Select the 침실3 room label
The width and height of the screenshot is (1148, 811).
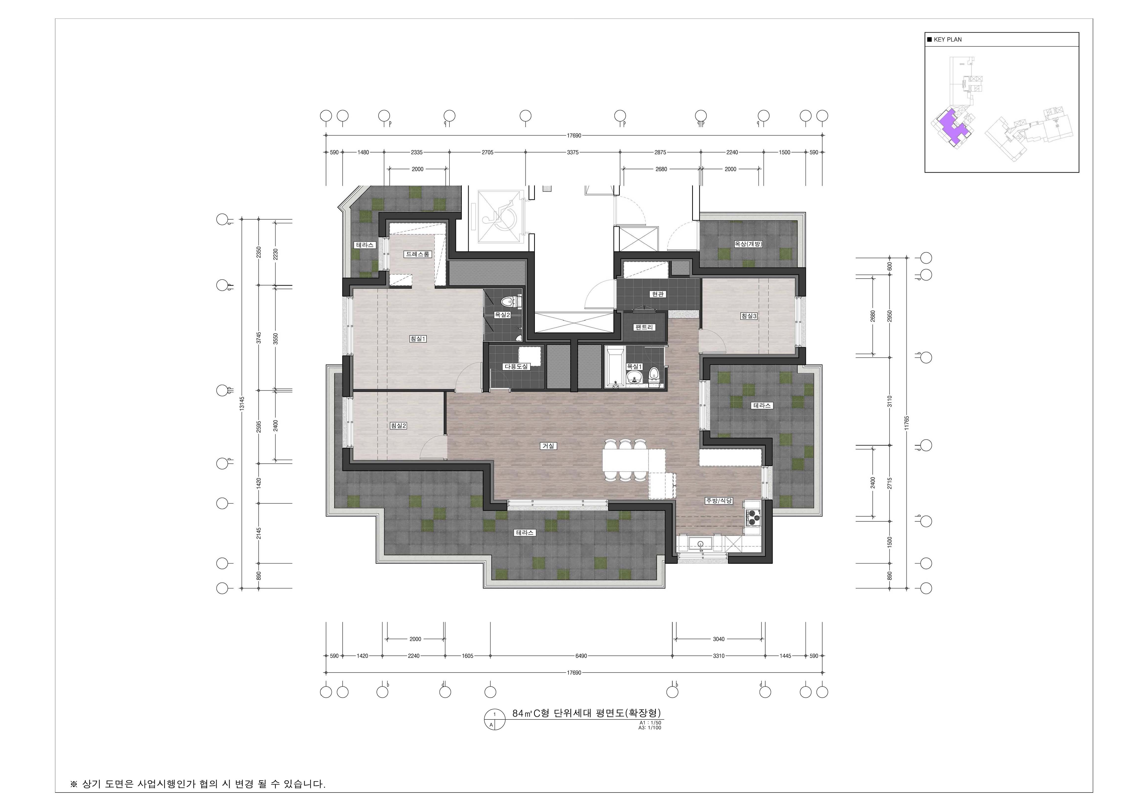click(x=749, y=316)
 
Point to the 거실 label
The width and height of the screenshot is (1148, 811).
click(x=548, y=446)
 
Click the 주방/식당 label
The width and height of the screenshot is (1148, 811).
click(x=719, y=500)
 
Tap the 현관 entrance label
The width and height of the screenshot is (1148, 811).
click(x=658, y=294)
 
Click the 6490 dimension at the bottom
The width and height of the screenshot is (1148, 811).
click(x=581, y=656)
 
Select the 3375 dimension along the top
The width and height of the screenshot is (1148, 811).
click(x=573, y=152)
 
